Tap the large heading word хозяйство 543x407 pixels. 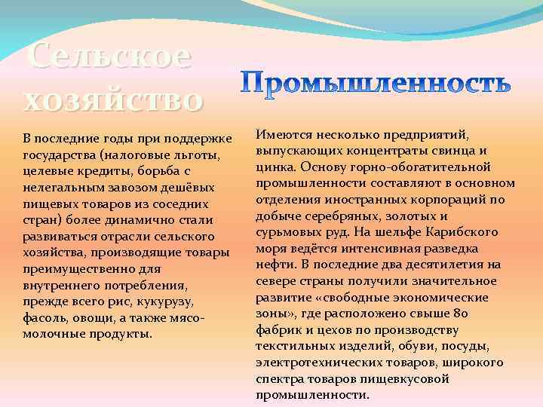(113, 99)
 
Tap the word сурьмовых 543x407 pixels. (286, 232)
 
